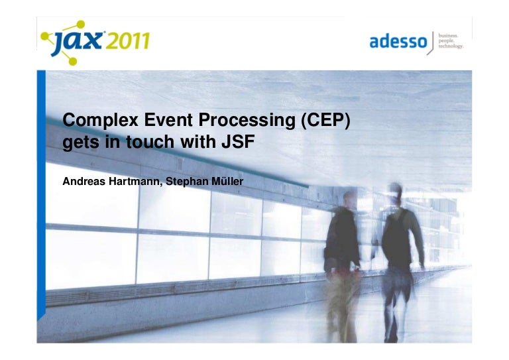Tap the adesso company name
pos(398,41)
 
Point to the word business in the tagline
pos(448,34)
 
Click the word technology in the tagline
pos(451,46)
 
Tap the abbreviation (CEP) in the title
pos(321,120)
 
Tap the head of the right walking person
pos(396,192)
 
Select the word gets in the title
pos(77,141)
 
